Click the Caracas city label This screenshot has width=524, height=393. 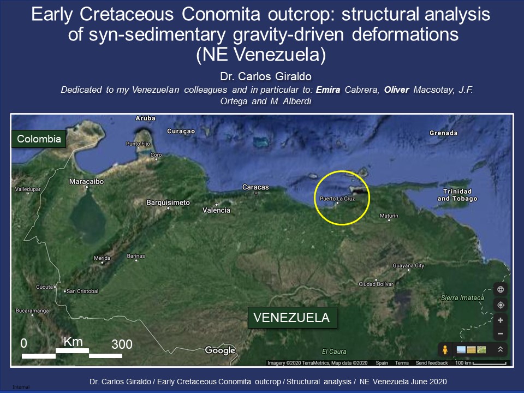[x=255, y=187]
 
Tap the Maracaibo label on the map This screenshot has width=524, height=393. [x=86, y=181]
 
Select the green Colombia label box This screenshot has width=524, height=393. [x=39, y=139]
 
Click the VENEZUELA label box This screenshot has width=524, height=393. [x=291, y=318]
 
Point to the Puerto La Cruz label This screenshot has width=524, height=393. [x=337, y=199]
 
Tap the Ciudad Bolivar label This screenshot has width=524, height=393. [x=376, y=284]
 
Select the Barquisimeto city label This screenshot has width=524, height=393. [x=168, y=203]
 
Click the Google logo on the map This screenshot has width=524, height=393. [x=220, y=350]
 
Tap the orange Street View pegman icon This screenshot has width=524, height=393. [x=445, y=350]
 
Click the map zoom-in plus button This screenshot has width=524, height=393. [x=501, y=320]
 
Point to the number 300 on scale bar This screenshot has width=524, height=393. [x=122, y=344]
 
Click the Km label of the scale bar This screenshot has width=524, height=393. [x=73, y=342]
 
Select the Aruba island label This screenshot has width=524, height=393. [x=145, y=118]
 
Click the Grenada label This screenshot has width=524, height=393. [x=444, y=133]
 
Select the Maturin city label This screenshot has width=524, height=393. [x=389, y=216]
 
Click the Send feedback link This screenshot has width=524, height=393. [x=432, y=363]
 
